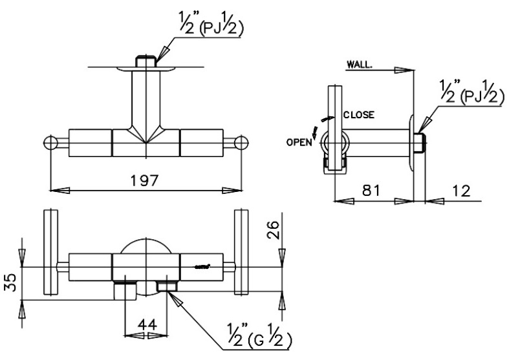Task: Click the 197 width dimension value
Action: tap(144, 180)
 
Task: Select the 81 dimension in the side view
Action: tap(371, 191)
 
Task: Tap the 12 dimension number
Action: tap(461, 191)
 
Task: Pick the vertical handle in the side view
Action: tap(333, 129)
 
